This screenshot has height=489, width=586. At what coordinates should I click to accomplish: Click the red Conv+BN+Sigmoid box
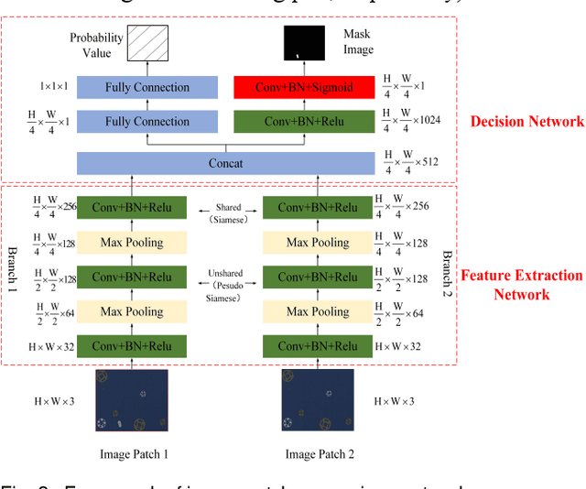tap(317, 88)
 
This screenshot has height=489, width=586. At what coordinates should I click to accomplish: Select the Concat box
tap(225, 163)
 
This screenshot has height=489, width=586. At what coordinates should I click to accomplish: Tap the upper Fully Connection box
tap(146, 88)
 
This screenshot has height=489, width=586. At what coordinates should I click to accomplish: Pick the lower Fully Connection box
tap(146, 121)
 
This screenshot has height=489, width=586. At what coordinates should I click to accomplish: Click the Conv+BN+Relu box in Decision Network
tap(317, 121)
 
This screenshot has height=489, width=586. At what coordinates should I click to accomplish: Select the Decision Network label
tap(526, 121)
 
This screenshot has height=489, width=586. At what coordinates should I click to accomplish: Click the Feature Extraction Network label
tap(520, 285)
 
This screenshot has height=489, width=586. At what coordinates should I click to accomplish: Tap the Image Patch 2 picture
tap(318, 399)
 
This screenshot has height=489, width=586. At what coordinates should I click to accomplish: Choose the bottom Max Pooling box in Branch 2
tap(318, 311)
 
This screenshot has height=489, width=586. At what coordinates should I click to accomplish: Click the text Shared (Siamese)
tap(228, 213)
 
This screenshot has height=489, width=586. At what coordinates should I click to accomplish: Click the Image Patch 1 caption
tap(134, 454)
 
